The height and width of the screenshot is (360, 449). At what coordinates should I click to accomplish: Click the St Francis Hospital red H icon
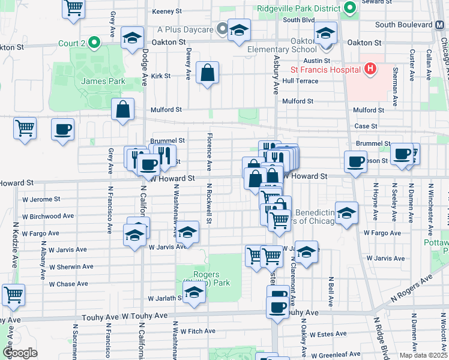(x=370, y=69)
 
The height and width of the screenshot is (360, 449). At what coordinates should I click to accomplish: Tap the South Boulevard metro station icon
(x=440, y=25)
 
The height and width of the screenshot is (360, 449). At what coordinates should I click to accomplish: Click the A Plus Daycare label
(x=185, y=29)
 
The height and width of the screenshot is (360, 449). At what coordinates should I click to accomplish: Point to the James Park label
(x=104, y=81)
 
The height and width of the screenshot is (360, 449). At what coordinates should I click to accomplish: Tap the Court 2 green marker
(x=94, y=43)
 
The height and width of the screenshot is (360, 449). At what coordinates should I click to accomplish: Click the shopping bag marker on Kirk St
(x=208, y=73)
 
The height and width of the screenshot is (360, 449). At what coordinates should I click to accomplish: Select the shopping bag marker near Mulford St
(x=122, y=110)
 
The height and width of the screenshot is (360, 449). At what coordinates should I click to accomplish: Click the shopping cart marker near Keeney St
(x=74, y=8)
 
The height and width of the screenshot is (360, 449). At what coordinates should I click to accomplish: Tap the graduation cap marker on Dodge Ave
(x=132, y=38)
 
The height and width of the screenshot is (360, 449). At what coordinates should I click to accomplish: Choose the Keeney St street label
(x=167, y=11)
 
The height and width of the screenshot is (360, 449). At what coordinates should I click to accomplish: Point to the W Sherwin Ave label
(x=71, y=266)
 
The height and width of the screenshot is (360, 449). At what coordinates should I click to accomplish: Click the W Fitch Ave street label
(x=194, y=331)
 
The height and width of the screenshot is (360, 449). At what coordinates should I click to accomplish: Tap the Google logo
(x=20, y=352)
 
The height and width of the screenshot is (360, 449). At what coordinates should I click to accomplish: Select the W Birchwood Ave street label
(x=48, y=216)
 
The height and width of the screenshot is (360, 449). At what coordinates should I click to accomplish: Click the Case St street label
(x=366, y=126)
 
